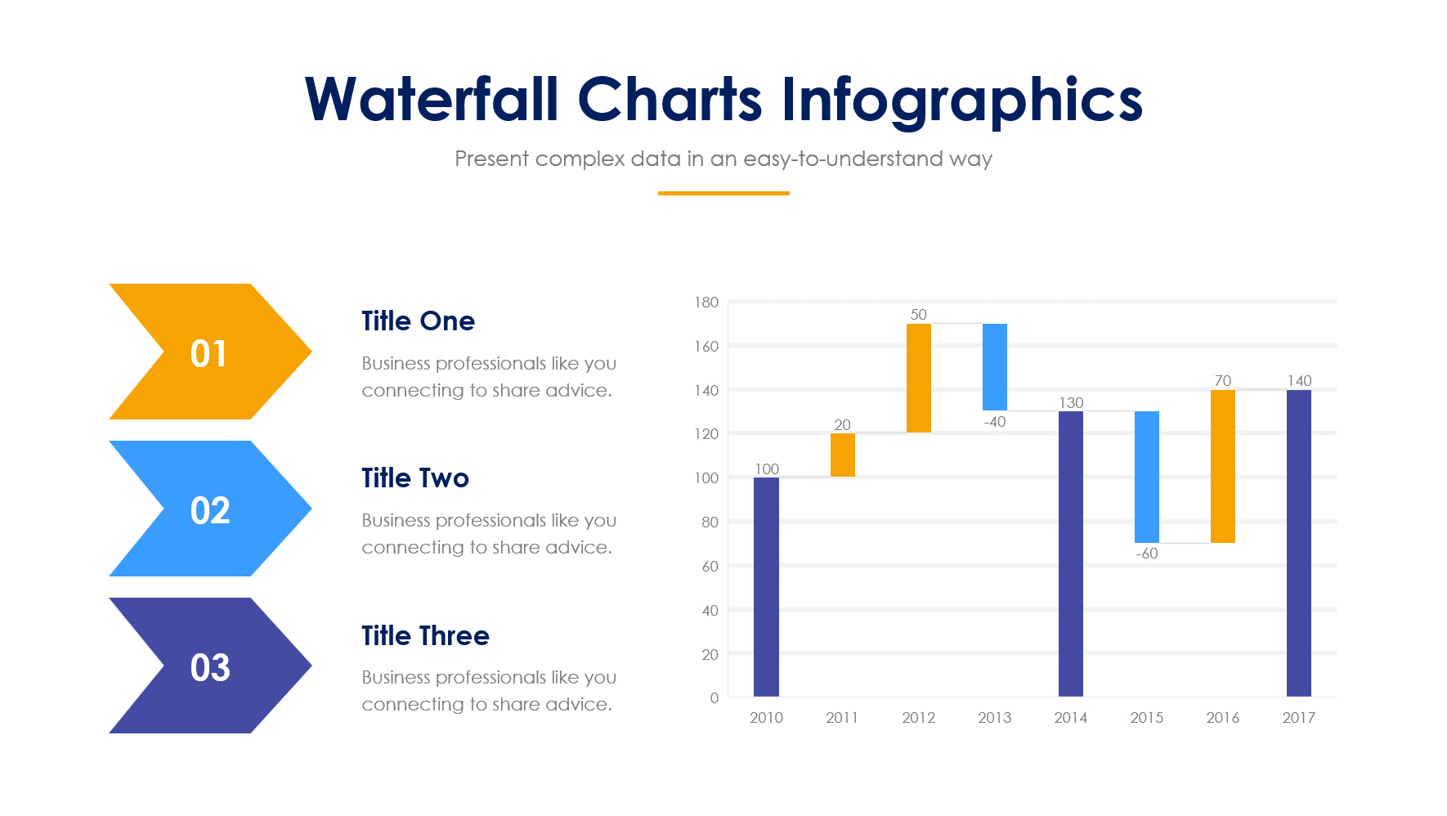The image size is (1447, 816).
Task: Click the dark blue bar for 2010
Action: (x=766, y=586)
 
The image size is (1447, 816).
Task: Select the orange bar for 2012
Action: (x=918, y=378)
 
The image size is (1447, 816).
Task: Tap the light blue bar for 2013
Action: (x=994, y=366)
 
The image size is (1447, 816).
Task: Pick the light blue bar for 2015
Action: (x=1146, y=477)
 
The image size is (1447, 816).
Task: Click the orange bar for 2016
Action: (x=1222, y=466)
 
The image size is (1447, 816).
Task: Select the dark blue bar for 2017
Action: (x=1298, y=543)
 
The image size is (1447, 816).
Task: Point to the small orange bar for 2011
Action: (x=842, y=455)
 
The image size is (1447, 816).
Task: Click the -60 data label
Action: (x=1146, y=554)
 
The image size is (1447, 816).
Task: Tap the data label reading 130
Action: (x=1071, y=402)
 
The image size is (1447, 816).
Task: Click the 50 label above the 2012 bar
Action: (x=918, y=314)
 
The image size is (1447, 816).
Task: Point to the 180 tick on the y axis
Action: (x=706, y=303)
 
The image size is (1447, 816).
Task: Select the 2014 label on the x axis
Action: (x=1070, y=717)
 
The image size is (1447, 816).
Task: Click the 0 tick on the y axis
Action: (x=714, y=697)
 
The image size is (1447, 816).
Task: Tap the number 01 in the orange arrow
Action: (x=208, y=353)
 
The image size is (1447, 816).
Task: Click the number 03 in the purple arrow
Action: (x=210, y=667)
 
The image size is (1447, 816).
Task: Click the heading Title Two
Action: (x=415, y=477)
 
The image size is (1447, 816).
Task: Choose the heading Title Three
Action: (x=425, y=635)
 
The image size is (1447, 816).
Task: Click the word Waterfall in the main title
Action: (x=431, y=100)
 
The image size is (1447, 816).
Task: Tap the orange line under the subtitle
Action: (x=723, y=193)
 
